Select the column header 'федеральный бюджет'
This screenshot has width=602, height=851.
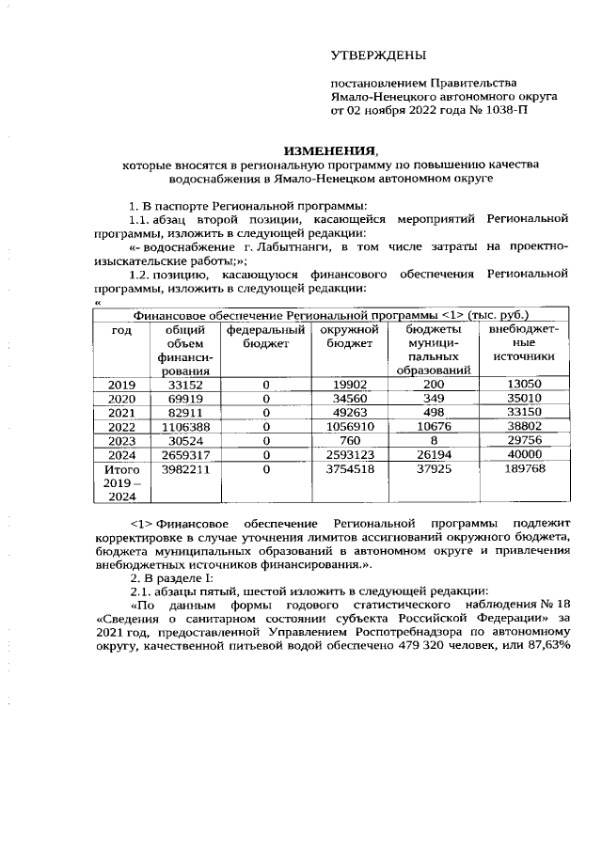point(266,337)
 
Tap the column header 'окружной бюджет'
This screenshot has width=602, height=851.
point(348,337)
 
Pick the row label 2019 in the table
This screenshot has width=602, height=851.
point(121,384)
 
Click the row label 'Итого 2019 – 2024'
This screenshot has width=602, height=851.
point(121,481)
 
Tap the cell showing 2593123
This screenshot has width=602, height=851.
point(348,454)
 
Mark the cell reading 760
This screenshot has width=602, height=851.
point(348,440)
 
